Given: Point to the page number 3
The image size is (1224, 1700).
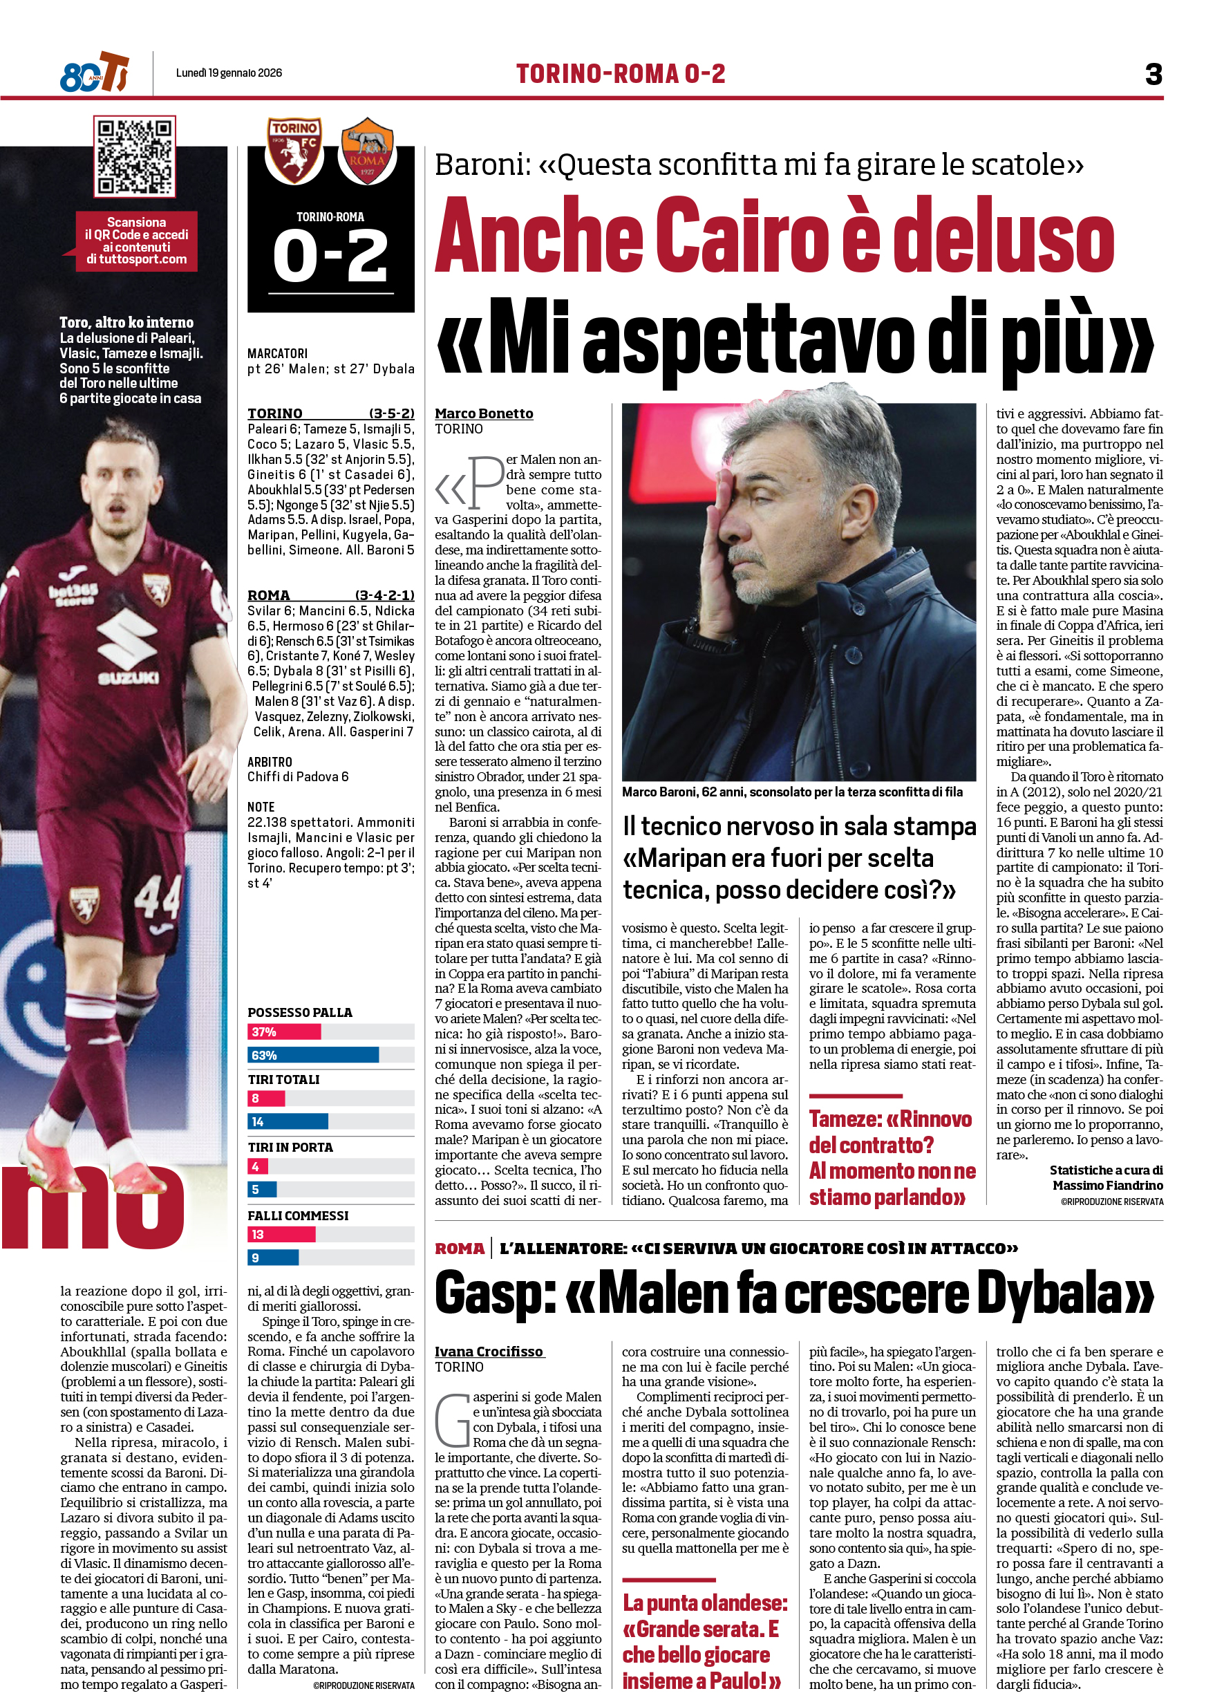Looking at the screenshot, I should click(x=1154, y=74).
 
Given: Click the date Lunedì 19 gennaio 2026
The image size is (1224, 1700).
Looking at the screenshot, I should click(x=229, y=73).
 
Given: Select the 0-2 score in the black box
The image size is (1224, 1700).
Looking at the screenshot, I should click(x=330, y=256).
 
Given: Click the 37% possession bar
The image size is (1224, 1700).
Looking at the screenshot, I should click(x=284, y=1032).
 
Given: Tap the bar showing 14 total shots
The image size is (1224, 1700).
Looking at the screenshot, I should click(x=288, y=1122).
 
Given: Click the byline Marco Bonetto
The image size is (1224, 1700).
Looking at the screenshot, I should click(x=484, y=413).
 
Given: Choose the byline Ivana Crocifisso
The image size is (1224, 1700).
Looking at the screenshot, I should click(x=489, y=1352).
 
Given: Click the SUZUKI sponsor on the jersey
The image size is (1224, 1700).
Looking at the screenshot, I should click(x=128, y=678).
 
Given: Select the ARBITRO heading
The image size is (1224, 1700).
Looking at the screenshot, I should click(x=270, y=762).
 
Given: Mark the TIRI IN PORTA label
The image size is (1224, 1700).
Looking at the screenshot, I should click(x=290, y=1147).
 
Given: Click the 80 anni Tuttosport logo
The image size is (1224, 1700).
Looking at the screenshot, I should click(x=95, y=73).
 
